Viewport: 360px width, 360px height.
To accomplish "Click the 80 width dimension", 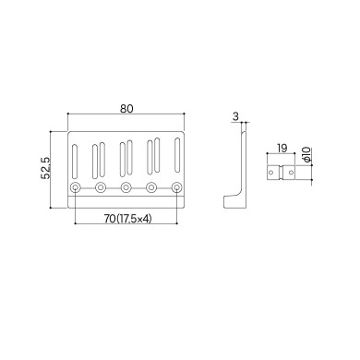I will (126, 108).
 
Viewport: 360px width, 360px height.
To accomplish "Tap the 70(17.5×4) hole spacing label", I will (126, 221).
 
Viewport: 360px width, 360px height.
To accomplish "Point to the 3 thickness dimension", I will (235, 116).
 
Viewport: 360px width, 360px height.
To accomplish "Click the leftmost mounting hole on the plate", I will (74, 189).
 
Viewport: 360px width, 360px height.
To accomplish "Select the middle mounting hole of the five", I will (126, 189).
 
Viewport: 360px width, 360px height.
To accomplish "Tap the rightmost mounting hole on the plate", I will (177, 189).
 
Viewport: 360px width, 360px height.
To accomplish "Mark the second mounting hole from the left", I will (100, 189).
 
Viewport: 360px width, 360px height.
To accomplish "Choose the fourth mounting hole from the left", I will (151, 189).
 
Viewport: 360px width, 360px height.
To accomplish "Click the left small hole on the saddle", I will (273, 173).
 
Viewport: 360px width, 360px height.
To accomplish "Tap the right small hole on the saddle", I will (293, 173).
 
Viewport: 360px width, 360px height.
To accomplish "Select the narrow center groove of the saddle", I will (282, 173).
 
